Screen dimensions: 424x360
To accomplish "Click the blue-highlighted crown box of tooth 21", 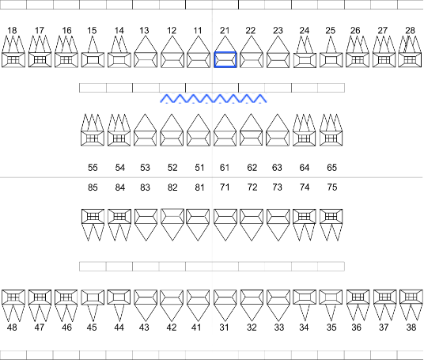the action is point(225,60).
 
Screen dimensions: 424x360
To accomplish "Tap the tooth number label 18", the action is point(12,31).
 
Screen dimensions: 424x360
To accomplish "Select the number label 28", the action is point(410,31).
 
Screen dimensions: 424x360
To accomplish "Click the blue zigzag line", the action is point(214,98).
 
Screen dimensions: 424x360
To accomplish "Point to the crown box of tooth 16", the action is point(66,60).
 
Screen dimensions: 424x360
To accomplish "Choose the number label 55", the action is point(93,168).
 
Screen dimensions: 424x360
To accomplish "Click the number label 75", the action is point(332,188).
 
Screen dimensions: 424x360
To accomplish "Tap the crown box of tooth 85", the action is point(93,216).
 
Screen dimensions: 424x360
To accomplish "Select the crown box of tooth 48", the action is point(13,297).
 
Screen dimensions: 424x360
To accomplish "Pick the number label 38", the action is point(411,328).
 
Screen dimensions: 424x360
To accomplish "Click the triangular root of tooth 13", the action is point(146,44).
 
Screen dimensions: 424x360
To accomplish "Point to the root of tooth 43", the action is point(146,313).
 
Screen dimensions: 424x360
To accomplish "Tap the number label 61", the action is point(225,168).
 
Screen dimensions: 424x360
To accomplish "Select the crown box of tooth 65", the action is point(331,138).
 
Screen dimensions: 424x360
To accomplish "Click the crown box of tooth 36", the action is point(358,297).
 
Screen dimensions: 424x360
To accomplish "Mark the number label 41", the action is point(196,328).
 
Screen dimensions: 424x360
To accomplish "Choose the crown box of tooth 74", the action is point(305,216).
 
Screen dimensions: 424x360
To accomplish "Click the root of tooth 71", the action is point(225,233).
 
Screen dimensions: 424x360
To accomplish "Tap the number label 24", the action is point(305,31).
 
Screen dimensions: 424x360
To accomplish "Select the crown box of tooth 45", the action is point(93,297).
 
